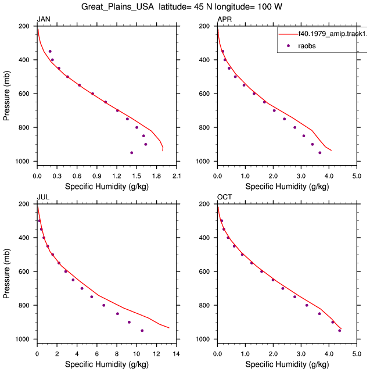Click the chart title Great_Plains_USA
pos(117,6)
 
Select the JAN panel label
pos(44,19)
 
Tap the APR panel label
pos(224,19)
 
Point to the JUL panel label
pos(43,197)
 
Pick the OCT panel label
pos(224,197)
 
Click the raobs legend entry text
pos(307,46)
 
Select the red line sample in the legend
pos(288,34)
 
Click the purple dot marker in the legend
pos(288,45)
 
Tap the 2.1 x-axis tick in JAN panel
pos(177,176)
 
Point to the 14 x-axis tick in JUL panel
pos(177,354)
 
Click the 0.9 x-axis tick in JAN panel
pos(96,176)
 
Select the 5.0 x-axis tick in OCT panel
pos(357,354)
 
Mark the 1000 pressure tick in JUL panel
pos(22,339)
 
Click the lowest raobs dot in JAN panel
pos(131,153)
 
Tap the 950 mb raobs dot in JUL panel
pos(142,331)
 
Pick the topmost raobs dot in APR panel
pos(223,51)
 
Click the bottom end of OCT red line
pos(341,329)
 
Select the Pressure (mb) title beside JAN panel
pos(6,95)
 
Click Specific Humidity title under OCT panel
pos(287,364)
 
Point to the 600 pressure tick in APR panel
pos(204,94)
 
